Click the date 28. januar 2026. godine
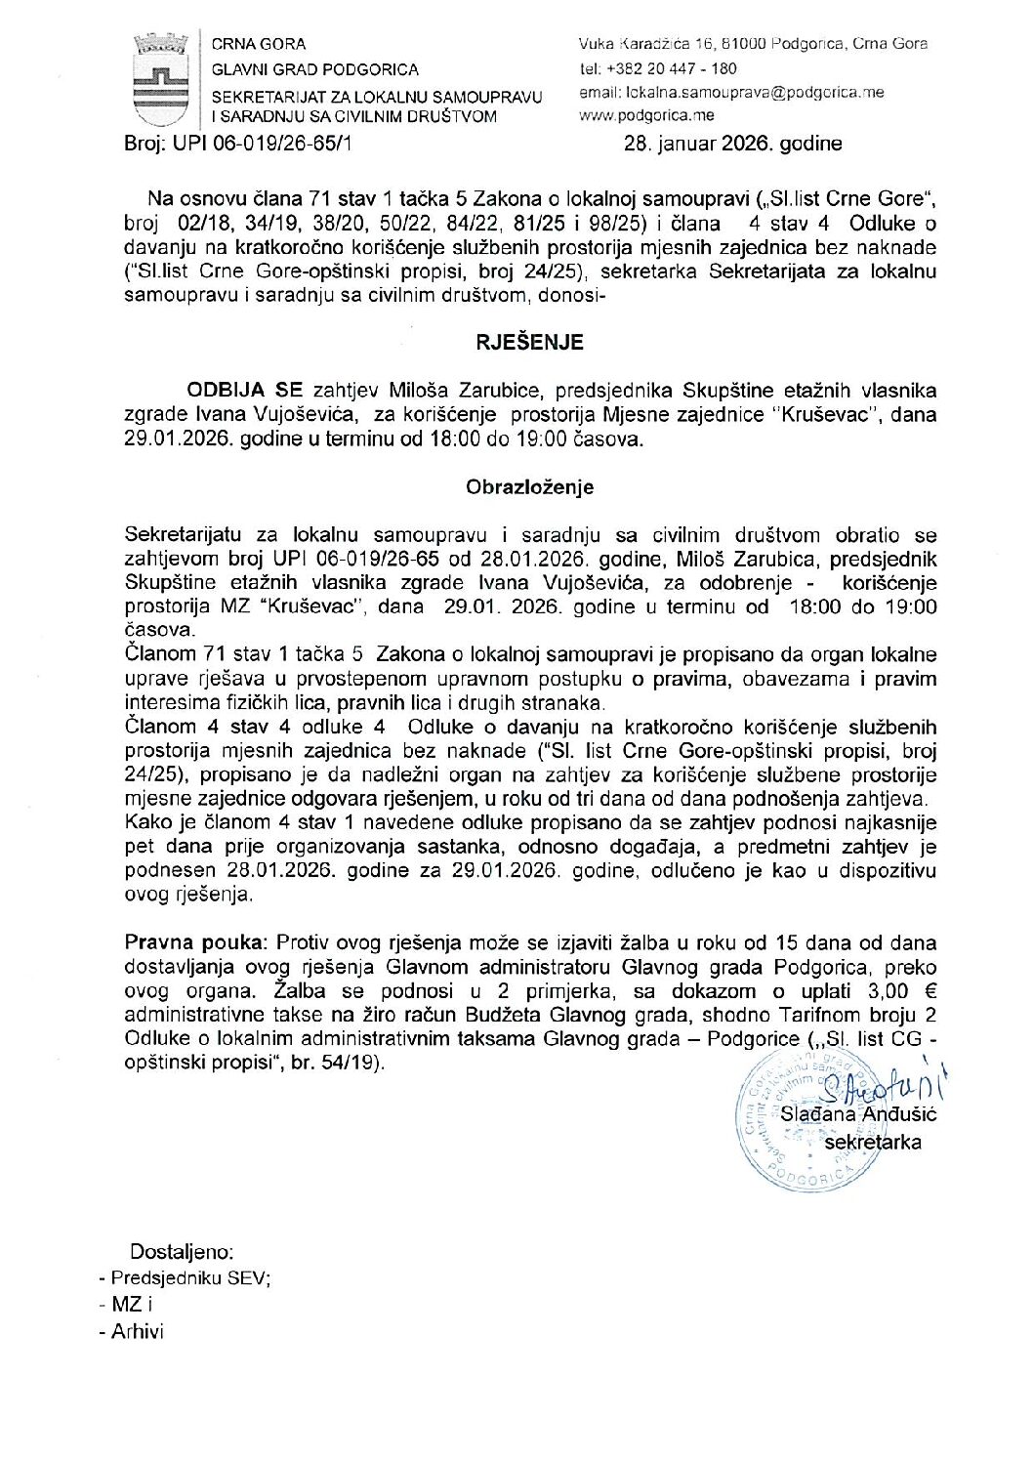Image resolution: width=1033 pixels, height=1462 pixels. tap(732, 145)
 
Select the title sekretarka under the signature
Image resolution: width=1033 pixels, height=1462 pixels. tap(873, 1142)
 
